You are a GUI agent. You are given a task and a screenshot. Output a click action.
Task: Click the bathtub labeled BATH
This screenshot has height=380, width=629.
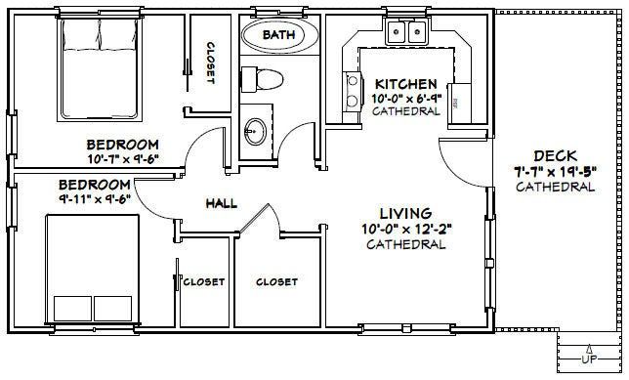(280, 35)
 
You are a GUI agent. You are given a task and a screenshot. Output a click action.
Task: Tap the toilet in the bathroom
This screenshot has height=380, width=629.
(262, 79)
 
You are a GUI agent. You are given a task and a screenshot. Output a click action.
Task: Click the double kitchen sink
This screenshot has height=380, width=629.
(406, 31)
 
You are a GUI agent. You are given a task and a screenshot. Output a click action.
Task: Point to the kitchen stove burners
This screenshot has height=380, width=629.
(353, 91)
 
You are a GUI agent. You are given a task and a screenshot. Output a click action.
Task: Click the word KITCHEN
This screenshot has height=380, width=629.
(405, 84)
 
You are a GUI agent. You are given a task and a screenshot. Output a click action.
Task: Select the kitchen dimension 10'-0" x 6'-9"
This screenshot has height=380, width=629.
(406, 99)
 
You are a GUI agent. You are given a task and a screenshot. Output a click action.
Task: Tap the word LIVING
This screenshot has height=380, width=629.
(405, 213)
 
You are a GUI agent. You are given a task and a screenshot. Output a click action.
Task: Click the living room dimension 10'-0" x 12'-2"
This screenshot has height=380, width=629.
(406, 230)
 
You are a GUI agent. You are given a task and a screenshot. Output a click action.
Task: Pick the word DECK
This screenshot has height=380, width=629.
(555, 155)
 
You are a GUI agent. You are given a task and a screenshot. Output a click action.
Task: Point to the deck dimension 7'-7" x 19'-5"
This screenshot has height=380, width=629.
(556, 171)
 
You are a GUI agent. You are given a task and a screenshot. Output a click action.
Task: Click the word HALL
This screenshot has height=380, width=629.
(222, 203)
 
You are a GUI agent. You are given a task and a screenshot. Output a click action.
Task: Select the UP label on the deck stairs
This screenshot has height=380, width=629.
(589, 359)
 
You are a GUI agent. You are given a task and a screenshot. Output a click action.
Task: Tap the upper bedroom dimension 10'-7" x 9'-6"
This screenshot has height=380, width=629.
(124, 158)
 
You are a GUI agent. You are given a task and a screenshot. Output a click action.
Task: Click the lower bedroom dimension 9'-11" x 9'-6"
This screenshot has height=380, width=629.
(95, 198)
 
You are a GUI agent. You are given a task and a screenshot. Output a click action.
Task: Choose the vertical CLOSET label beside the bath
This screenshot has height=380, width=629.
(211, 63)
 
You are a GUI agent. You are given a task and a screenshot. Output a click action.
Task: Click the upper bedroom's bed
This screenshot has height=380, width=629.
(99, 68)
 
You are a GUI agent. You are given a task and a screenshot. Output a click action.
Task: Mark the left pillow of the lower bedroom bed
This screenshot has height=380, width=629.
(72, 309)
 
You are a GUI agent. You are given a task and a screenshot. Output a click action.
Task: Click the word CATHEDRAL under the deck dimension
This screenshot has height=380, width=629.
(555, 187)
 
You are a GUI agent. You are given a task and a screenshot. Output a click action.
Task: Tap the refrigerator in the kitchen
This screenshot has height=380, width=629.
(460, 104)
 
